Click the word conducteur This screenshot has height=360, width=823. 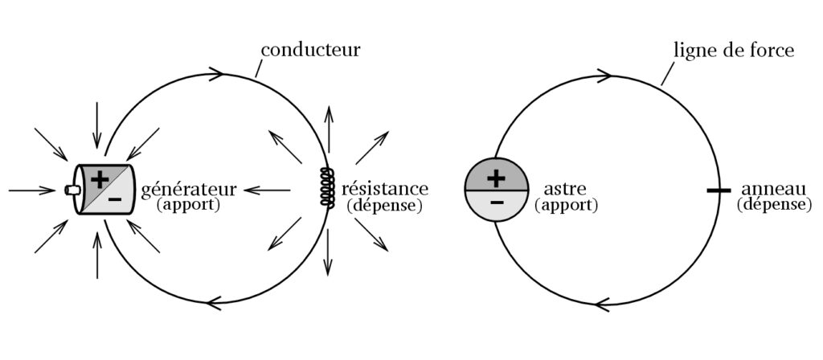pos(310,50)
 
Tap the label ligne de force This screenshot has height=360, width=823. pos(733,50)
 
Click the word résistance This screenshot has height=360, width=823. pos(384,190)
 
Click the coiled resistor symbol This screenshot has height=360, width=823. pos(327,188)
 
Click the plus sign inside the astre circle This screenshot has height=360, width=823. pos(496,177)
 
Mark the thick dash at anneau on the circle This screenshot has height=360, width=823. pos(718,190)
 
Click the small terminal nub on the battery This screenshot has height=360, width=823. pos(72,190)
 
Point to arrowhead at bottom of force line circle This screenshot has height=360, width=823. pos(602,305)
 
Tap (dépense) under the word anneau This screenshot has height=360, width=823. pos(773,206)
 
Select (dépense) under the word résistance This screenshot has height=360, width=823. pos(385,206)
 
